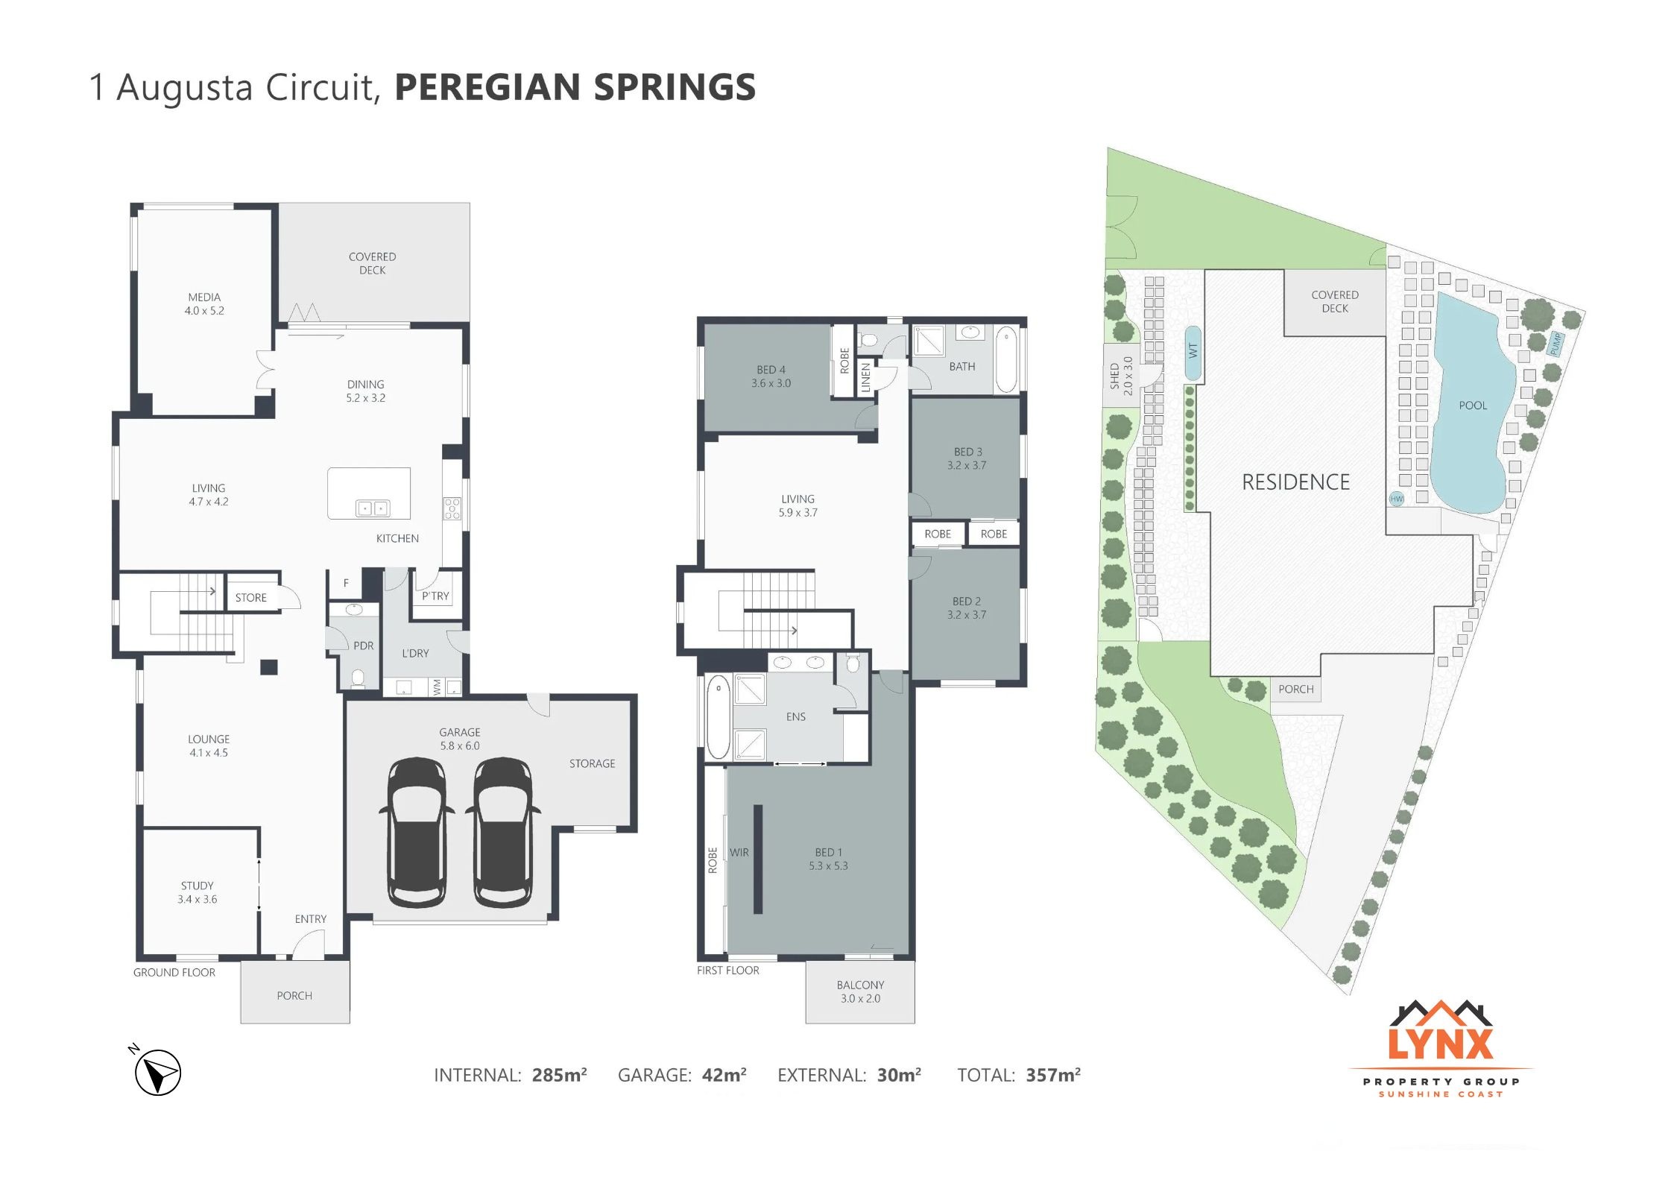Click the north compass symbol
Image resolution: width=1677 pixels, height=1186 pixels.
(157, 1071)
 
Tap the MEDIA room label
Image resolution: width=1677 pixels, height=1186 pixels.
(204, 297)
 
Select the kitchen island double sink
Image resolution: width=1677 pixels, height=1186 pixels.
(372, 508)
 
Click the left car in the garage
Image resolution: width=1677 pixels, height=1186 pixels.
(417, 832)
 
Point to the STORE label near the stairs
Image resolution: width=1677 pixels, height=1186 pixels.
(250, 598)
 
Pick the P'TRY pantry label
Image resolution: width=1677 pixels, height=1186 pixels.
(435, 596)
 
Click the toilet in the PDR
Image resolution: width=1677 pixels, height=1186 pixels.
(358, 678)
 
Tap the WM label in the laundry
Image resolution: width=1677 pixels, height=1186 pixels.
(437, 687)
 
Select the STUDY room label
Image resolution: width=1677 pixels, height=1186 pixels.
(197, 886)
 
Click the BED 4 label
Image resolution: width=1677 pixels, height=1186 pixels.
(771, 370)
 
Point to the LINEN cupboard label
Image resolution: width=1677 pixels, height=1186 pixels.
(865, 377)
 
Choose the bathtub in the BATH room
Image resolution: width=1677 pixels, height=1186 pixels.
(1006, 359)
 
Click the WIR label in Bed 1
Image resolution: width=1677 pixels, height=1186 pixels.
(739, 852)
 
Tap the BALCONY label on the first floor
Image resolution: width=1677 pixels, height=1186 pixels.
(860, 985)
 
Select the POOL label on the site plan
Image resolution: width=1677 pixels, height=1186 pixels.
(1473, 406)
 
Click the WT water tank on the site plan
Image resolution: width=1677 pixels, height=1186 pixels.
(1193, 353)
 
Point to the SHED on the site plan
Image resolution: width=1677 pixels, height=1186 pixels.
(1121, 376)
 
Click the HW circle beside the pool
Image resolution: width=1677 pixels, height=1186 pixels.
(1396, 499)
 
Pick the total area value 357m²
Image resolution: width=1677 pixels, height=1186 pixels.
(1053, 1074)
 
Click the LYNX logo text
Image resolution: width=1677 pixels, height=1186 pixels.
(1440, 1044)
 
